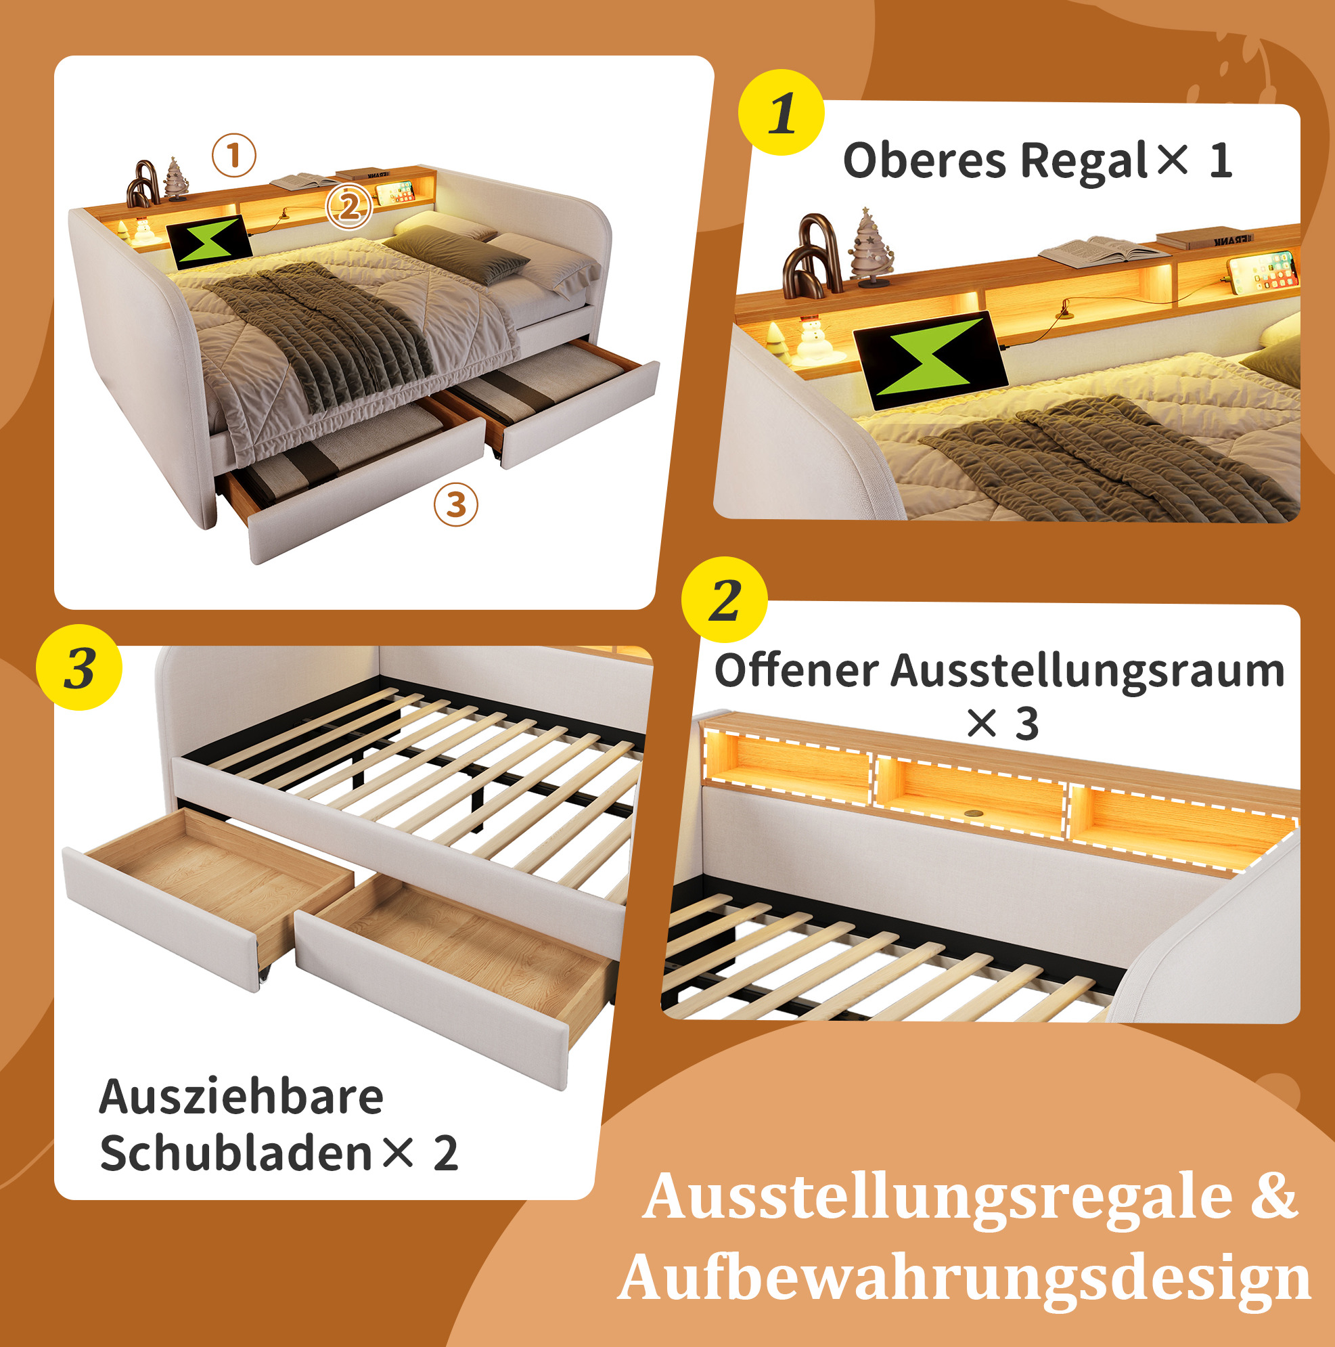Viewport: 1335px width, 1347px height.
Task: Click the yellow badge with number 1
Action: point(781,112)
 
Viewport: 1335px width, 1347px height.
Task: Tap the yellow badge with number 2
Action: point(724,600)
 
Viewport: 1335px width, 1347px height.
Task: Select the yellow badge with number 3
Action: point(78,667)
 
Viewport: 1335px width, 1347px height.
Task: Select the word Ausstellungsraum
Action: point(1088,673)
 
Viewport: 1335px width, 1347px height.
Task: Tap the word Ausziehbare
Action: point(241,1097)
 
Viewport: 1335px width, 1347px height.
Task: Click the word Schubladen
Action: point(235,1154)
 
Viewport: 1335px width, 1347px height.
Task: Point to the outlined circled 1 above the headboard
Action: point(234,155)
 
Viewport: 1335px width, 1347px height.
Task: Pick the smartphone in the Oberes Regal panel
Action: point(1262,271)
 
